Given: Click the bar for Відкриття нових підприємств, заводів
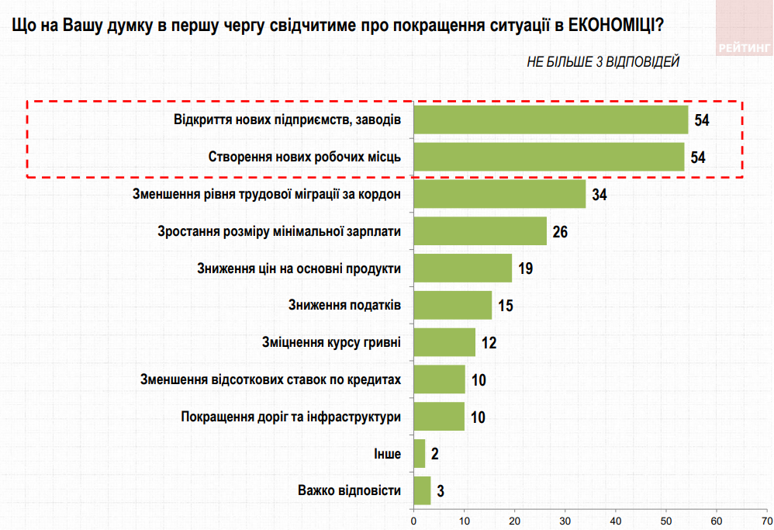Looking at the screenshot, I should (551, 120).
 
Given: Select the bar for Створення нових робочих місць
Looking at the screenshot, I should (549, 157).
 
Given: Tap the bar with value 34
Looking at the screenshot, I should (499, 194).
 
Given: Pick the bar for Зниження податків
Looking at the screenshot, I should (453, 305).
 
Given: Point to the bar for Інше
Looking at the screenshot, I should (420, 454).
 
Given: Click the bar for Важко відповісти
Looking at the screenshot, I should (422, 490).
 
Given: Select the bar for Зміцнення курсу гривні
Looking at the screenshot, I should (444, 342).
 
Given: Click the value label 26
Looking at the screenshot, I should (561, 232).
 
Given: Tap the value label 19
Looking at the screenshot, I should (525, 268).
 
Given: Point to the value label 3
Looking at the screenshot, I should (440, 492).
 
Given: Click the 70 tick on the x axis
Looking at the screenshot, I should (766, 519).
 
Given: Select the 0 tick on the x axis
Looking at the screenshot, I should (414, 519).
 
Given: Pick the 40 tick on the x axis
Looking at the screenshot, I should (616, 519).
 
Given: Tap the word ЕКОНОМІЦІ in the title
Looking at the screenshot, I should (613, 26).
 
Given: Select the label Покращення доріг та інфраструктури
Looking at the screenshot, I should (290, 417).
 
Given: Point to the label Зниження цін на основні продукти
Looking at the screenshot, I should (299, 268).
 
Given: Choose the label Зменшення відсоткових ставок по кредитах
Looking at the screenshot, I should (270, 379).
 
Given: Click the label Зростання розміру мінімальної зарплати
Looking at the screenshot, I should (278, 231).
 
